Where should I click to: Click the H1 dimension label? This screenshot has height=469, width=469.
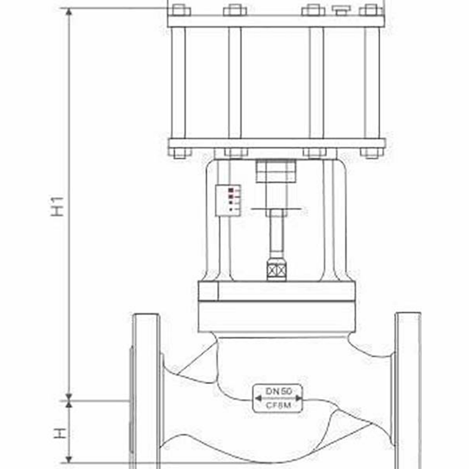[58, 206]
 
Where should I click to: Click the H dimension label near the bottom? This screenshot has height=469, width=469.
[58, 433]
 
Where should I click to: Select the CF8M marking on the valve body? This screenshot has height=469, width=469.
[278, 406]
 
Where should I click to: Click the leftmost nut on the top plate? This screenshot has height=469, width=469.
[180, 10]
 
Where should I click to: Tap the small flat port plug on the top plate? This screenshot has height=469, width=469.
[341, 9]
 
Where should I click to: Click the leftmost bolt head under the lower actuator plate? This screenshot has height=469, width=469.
[180, 153]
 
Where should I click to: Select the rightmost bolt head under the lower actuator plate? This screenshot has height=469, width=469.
[371, 153]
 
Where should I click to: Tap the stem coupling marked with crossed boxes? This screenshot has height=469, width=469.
[276, 271]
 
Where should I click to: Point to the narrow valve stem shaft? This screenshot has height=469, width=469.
[276, 234]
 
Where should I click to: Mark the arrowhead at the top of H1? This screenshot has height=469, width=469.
[69, 13]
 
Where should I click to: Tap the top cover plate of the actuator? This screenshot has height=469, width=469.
[275, 21]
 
